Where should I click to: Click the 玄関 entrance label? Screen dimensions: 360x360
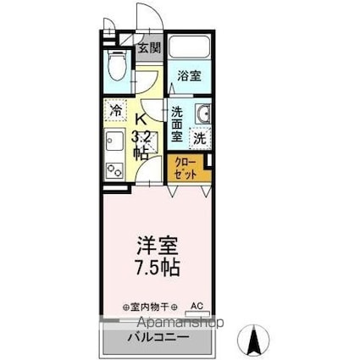pyautogui.click(x=148, y=47)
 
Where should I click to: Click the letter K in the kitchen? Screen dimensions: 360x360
pyautogui.click(x=141, y=119)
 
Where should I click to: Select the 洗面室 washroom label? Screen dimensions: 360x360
pyautogui.click(x=177, y=124)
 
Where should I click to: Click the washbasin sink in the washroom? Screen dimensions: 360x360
pyautogui.click(x=201, y=115)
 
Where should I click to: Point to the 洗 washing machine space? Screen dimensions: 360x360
pyautogui.click(x=199, y=137)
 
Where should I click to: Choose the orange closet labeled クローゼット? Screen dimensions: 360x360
pyautogui.click(x=186, y=167)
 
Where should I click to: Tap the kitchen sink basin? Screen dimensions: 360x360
pyautogui.click(x=114, y=141)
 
